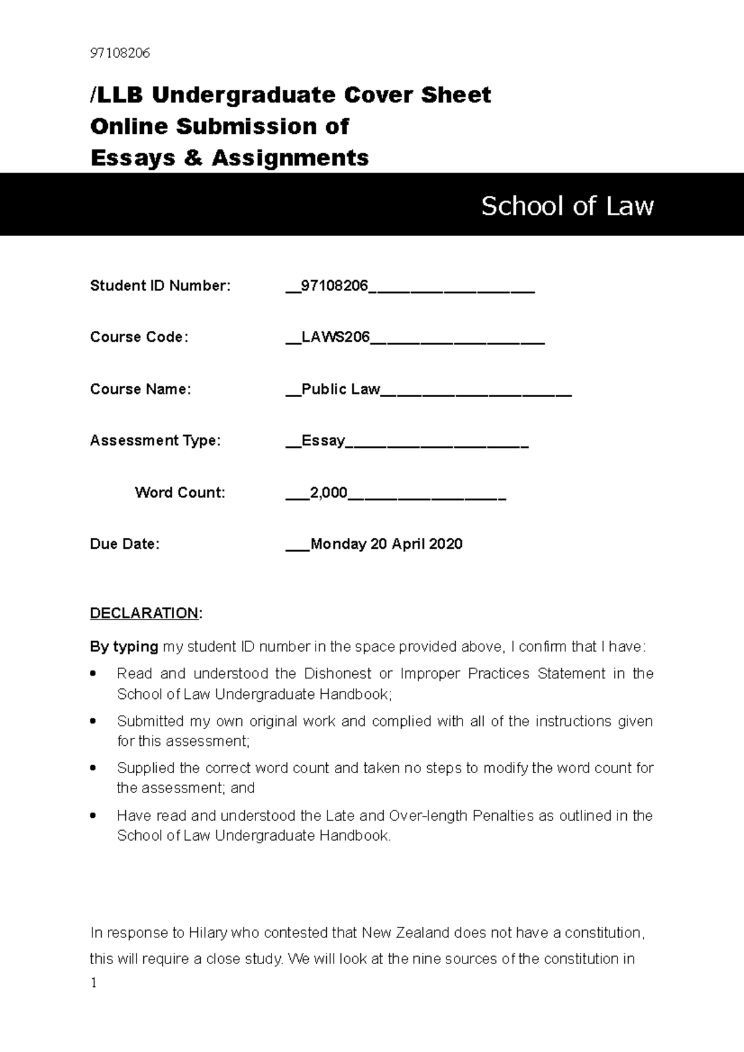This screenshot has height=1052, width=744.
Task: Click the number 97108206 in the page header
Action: [x=120, y=53]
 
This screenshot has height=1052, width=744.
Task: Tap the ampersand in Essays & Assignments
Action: [x=193, y=158]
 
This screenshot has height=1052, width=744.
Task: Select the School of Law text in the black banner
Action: [x=567, y=206]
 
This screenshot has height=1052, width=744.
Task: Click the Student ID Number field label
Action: [x=160, y=286]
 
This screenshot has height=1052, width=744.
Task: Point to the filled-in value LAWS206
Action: [x=335, y=337]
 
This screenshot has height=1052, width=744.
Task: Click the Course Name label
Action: [x=140, y=389]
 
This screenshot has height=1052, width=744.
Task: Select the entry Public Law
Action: [x=340, y=389]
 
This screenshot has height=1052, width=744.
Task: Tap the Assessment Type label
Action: [x=155, y=441]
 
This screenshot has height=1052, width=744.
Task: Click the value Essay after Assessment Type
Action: [x=322, y=441]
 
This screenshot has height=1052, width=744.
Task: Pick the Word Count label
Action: [x=180, y=493]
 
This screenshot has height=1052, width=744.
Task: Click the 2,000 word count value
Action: [x=329, y=493]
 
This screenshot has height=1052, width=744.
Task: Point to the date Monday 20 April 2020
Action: [x=386, y=544]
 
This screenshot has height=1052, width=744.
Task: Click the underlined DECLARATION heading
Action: [x=144, y=613]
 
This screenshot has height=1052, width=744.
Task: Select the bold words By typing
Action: [x=124, y=647]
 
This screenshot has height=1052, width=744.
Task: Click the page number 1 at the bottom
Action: [x=94, y=983]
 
